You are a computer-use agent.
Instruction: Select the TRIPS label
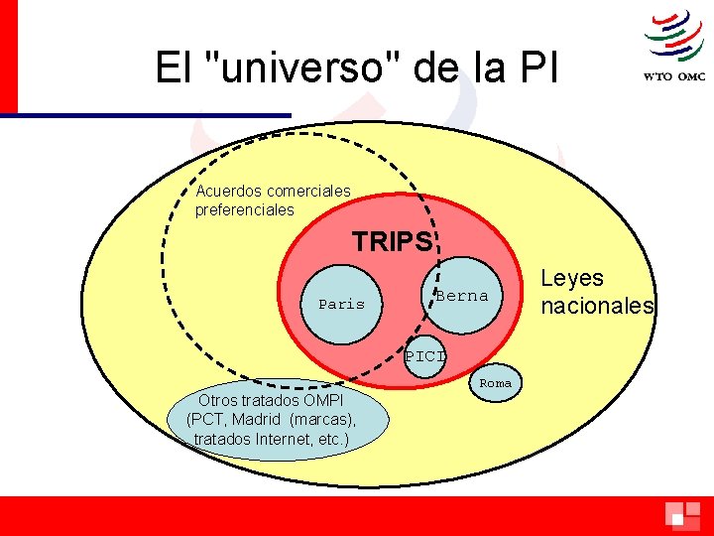click(x=393, y=241)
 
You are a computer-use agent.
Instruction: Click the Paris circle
click(x=341, y=304)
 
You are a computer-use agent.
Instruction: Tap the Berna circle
click(x=462, y=295)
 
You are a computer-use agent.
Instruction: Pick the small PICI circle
click(x=424, y=356)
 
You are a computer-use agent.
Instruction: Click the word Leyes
click(x=572, y=279)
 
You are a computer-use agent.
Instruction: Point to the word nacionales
click(x=597, y=306)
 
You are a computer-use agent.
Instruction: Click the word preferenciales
click(x=244, y=210)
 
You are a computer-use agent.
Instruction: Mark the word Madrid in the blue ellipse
click(x=260, y=419)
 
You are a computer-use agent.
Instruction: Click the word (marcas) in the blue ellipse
click(x=323, y=419)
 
